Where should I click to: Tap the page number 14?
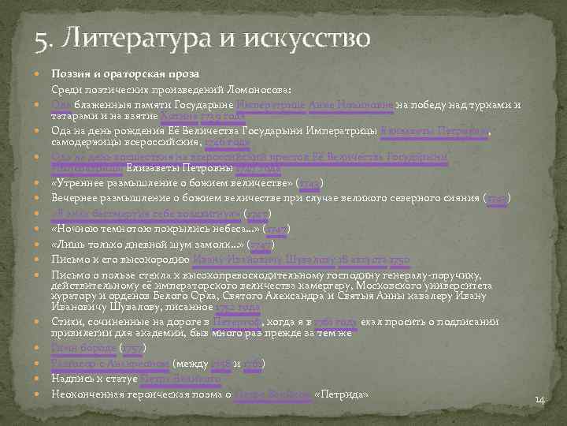539,401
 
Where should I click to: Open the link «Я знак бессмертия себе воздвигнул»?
146,213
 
